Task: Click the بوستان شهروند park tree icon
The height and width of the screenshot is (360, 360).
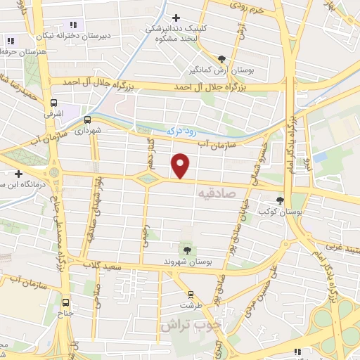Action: [187, 250]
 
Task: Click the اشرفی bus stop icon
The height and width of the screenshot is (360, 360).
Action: [54, 103]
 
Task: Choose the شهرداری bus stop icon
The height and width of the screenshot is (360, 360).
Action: [87, 120]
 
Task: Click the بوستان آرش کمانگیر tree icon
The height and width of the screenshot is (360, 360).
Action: [223, 59]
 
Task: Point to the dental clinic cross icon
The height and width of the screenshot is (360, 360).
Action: [176, 18]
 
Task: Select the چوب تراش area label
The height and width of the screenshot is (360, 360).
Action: [186, 326]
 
